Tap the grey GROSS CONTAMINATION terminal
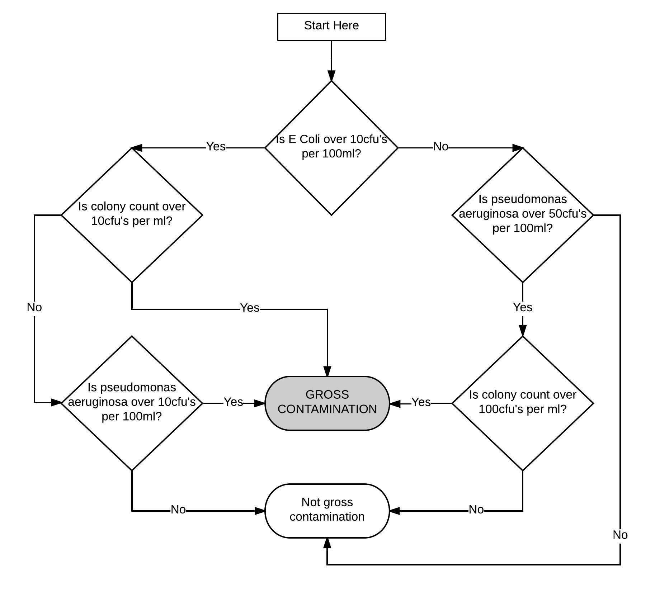pos(327,403)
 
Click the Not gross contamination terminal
pos(327,511)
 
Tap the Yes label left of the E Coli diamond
pos(216,147)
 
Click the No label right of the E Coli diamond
pos(440,147)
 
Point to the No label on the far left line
pos(34,307)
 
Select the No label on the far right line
pos(620,535)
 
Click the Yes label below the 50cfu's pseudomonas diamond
pos(522,307)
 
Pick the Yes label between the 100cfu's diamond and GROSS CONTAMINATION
pos(421,402)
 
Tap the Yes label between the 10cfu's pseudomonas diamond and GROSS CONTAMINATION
pos(233,402)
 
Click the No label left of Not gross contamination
pos(178,510)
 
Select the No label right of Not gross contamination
pos(476,510)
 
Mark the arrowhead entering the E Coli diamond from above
pos(331,76)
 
